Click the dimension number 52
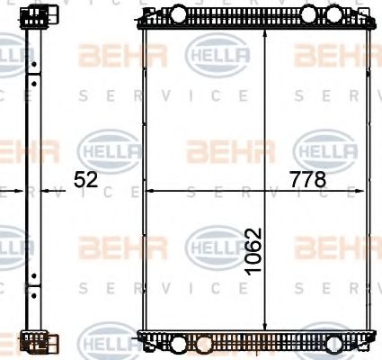click(x=85, y=180)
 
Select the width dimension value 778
click(x=307, y=180)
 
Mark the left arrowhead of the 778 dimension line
click(x=149, y=191)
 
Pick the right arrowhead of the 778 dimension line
click(x=371, y=191)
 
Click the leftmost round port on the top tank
click(x=179, y=13)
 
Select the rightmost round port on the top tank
click(x=311, y=13)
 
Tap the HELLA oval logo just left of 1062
click(x=216, y=243)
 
